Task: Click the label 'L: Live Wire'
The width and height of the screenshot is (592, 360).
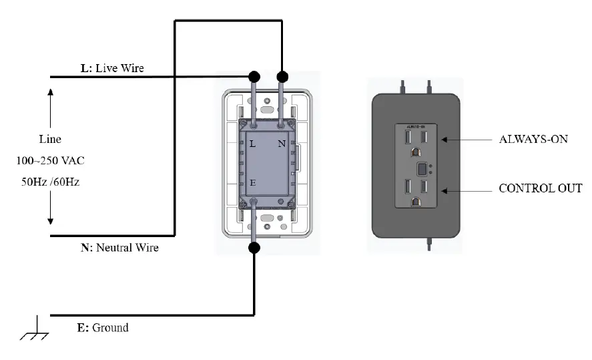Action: point(112,68)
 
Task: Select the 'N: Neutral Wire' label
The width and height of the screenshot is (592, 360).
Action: point(119,248)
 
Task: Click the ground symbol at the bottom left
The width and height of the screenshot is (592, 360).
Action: point(34,328)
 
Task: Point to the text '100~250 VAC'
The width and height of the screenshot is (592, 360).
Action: point(50,161)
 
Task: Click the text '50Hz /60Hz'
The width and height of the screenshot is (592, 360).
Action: point(50,182)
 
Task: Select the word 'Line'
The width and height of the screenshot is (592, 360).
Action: point(50,140)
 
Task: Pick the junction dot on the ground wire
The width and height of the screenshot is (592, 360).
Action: point(254,248)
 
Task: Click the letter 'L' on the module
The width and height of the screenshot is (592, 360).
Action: point(252,144)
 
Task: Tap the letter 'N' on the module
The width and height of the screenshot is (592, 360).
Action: point(282,144)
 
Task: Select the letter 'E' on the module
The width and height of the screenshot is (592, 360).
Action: point(252,182)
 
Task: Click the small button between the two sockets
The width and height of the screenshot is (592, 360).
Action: point(422,167)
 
